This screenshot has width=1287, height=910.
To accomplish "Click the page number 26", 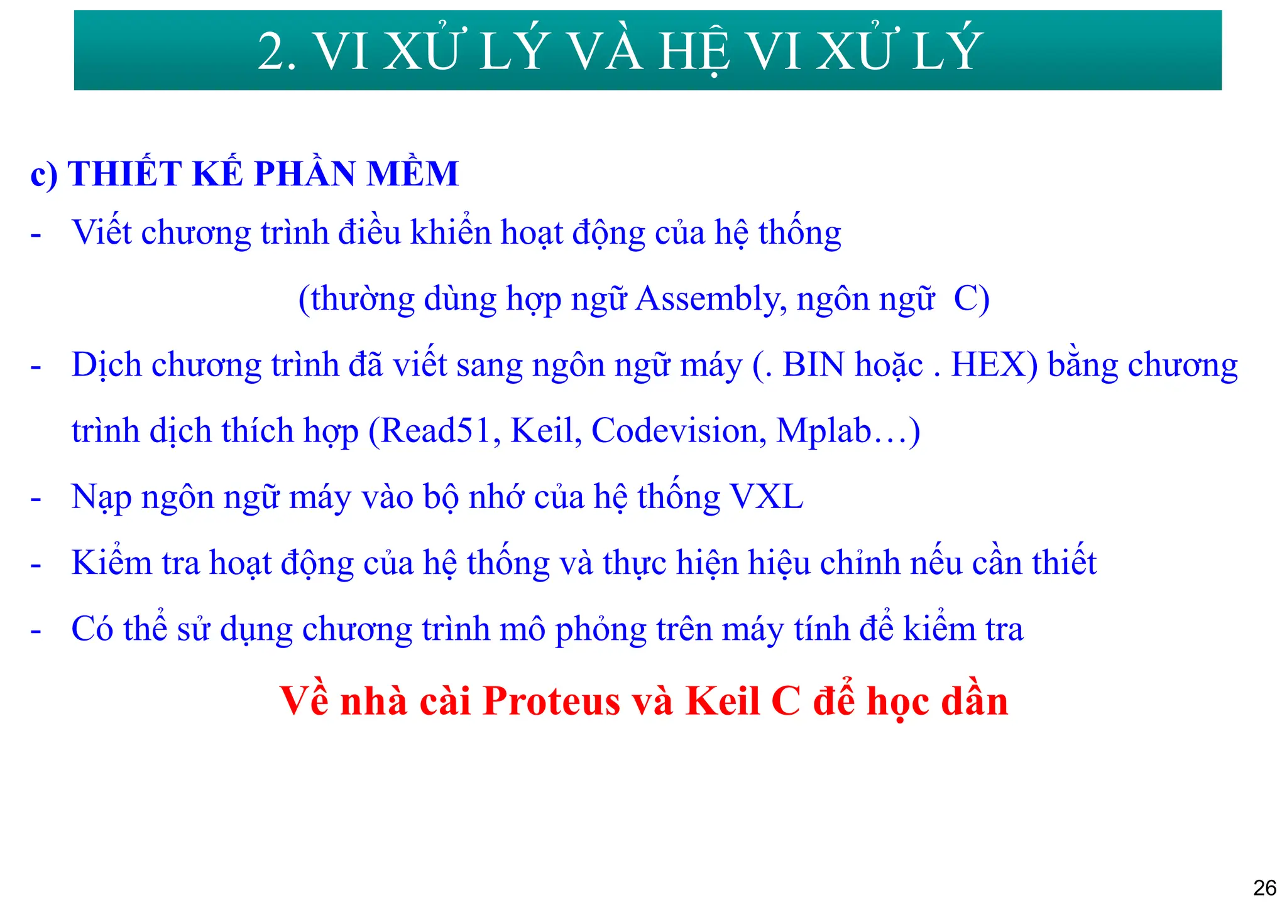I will click(x=1264, y=887).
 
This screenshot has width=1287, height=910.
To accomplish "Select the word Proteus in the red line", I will click(x=552, y=701).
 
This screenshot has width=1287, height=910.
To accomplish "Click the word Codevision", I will click(x=679, y=431).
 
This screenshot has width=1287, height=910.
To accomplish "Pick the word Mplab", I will click(x=823, y=431).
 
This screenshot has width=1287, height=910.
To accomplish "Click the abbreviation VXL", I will click(x=767, y=497).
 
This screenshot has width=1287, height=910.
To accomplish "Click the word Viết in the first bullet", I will click(x=102, y=232).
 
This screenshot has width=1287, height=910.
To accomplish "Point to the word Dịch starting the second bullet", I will click(x=106, y=365).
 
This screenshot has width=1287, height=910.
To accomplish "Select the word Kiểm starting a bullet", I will click(x=111, y=563).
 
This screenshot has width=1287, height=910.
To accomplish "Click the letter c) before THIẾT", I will click(x=43, y=174).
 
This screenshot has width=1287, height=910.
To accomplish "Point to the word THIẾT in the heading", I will click(x=124, y=174).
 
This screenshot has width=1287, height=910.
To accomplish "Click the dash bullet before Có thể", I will click(x=36, y=630).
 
